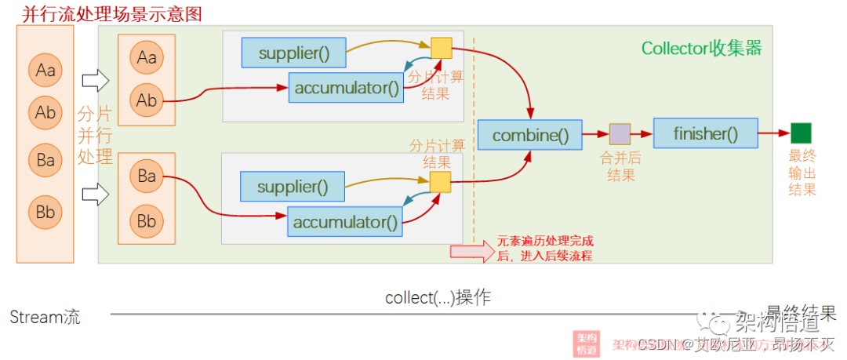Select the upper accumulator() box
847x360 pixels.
point(346,87)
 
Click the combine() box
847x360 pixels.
point(530,135)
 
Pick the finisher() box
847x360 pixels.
point(705,133)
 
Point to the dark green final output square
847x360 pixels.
point(801,133)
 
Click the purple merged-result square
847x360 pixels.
point(620,134)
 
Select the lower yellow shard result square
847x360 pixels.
point(441,182)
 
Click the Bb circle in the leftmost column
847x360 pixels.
point(45,212)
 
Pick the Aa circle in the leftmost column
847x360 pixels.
point(45,71)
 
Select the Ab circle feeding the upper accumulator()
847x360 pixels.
point(147,100)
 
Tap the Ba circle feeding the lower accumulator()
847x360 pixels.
point(147,176)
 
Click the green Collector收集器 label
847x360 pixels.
point(701,48)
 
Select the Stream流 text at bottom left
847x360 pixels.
point(45,317)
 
